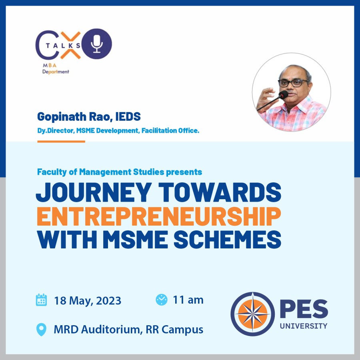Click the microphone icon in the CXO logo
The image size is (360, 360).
[97, 44]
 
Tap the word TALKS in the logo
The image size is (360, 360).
[63, 46]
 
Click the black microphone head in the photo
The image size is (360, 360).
[284, 94]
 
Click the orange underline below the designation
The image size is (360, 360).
[61, 142]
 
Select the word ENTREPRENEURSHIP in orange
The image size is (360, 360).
[159, 216]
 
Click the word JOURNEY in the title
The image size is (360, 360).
[94, 192]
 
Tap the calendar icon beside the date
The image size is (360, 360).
[41, 300]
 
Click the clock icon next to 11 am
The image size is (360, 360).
[162, 300]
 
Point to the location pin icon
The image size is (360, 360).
[41, 330]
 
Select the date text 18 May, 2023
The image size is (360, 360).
[88, 300]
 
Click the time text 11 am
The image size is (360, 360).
[188, 300]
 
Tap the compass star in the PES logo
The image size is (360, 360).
[252, 314]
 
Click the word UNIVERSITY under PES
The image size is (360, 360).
[304, 326]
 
